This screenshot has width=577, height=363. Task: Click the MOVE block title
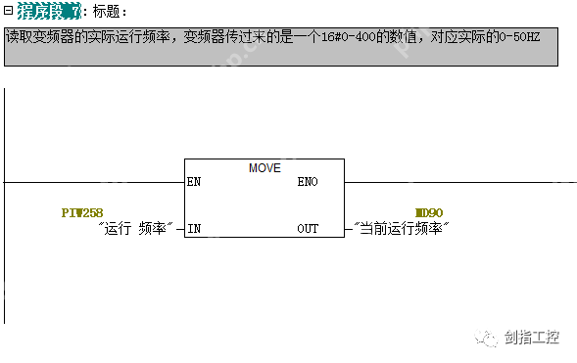tap(264, 167)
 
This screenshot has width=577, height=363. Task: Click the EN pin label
tap(194, 182)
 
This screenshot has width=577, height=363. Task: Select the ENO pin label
tap(308, 182)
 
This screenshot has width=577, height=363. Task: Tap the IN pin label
tap(194, 229)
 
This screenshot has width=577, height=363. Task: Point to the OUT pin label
tap(308, 229)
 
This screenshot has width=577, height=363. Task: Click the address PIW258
tap(82, 212)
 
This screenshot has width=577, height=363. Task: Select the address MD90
tap(429, 212)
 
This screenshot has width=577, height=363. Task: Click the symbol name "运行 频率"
tap(136, 229)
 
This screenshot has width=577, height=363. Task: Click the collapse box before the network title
tap(8, 11)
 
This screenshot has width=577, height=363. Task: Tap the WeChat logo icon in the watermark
tap(485, 339)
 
